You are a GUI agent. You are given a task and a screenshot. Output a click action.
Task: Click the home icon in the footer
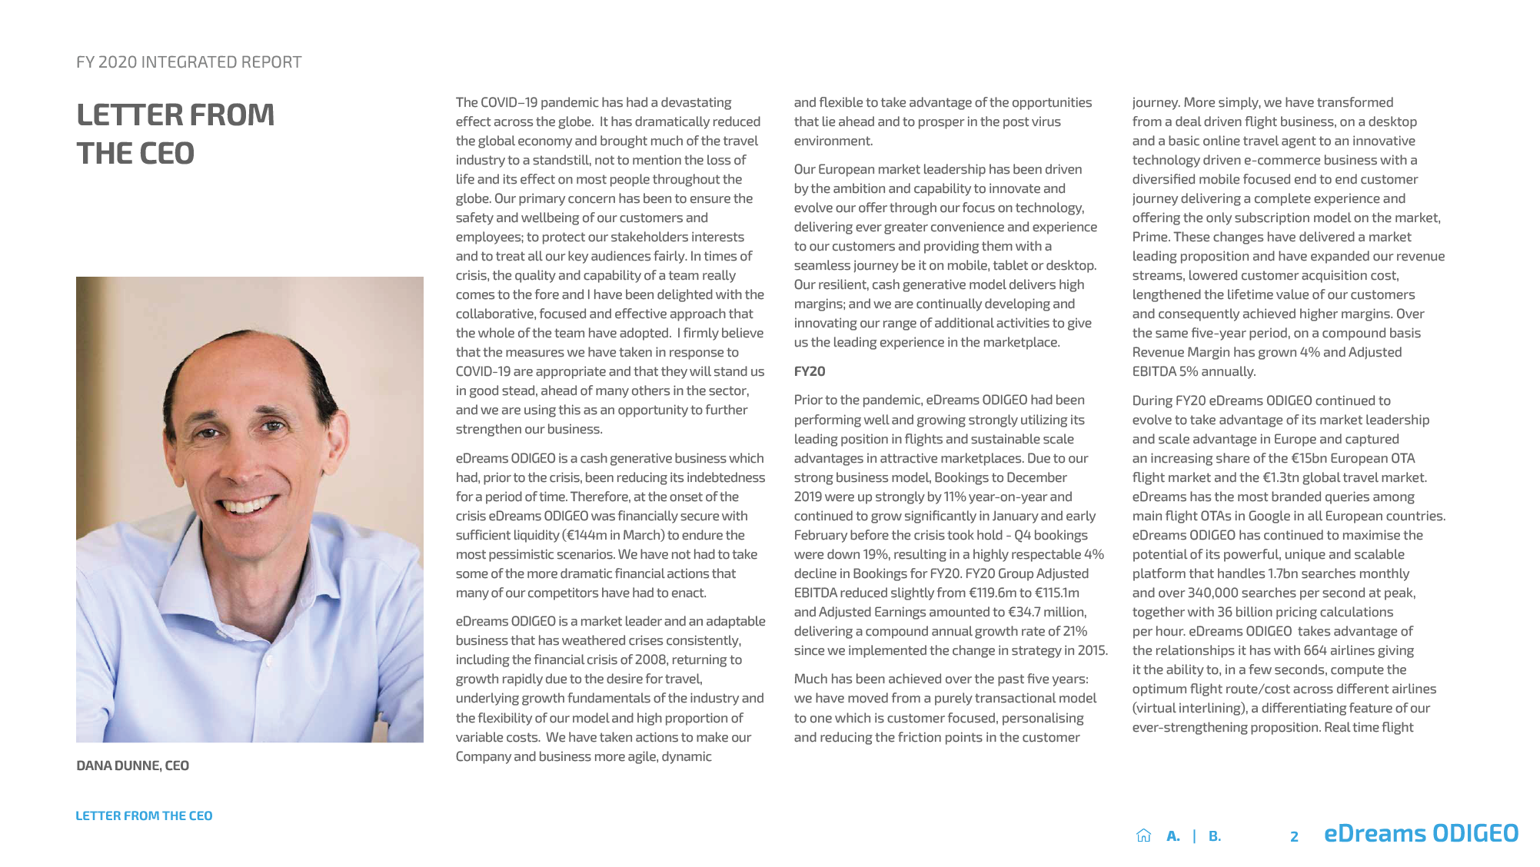click(x=1143, y=835)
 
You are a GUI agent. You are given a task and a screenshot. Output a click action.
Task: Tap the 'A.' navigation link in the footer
click(x=1172, y=836)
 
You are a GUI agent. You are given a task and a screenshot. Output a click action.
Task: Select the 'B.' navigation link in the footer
click(x=1214, y=836)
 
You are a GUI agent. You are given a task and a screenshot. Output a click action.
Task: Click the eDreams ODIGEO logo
click(x=1421, y=833)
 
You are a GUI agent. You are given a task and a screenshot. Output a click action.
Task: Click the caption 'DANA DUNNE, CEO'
click(x=132, y=766)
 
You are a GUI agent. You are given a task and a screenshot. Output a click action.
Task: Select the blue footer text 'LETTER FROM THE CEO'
click(x=144, y=816)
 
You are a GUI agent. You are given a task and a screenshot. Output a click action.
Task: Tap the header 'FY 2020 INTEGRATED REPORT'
click(x=188, y=62)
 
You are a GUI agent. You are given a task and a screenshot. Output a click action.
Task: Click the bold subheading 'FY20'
click(x=809, y=371)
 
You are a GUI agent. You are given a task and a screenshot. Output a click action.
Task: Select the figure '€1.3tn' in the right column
click(x=1283, y=477)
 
